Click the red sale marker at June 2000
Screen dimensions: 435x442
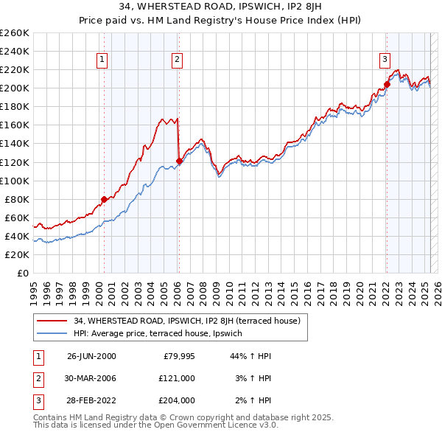click(x=104, y=199)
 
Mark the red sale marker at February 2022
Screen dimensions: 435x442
click(x=387, y=84)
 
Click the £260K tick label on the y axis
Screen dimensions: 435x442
click(x=15, y=33)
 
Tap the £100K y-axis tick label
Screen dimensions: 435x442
click(x=15, y=181)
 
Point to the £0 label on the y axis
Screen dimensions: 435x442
click(x=22, y=273)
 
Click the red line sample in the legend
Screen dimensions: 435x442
click(x=52, y=321)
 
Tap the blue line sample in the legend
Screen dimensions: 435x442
click(x=52, y=334)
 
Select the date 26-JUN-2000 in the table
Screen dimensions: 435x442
click(x=91, y=356)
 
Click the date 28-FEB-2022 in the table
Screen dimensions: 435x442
click(x=91, y=400)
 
